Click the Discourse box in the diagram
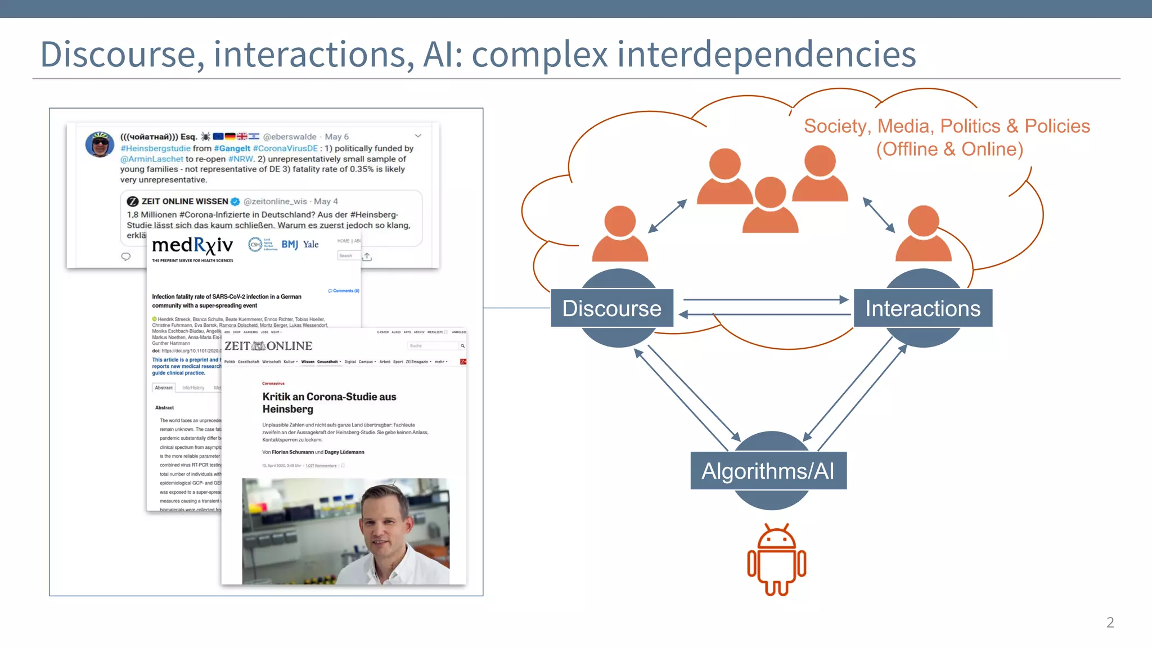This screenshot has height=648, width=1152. click(x=612, y=308)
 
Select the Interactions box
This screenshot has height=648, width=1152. click(x=922, y=308)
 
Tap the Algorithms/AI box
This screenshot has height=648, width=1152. click(x=768, y=471)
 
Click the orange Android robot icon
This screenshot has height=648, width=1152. click(x=776, y=560)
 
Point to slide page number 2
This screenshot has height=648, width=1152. click(x=1110, y=622)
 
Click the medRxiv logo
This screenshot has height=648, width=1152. click(x=192, y=245)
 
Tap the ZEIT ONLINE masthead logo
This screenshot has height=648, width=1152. click(x=268, y=346)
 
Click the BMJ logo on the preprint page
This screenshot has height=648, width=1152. click(x=290, y=244)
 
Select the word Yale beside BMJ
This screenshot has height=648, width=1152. click(x=310, y=244)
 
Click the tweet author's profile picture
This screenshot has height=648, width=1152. click(x=100, y=144)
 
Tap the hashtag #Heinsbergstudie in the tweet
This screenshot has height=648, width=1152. click(x=155, y=148)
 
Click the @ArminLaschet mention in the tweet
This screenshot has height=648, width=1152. click(x=151, y=159)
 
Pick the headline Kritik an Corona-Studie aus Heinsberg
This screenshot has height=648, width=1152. click(x=329, y=403)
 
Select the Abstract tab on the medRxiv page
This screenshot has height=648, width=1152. click(x=164, y=388)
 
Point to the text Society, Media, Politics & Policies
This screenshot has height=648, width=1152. click(x=947, y=126)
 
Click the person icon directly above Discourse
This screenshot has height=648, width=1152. click(x=620, y=233)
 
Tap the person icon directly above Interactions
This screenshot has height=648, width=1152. click(x=923, y=233)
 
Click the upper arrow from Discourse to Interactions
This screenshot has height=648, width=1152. click(x=765, y=300)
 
